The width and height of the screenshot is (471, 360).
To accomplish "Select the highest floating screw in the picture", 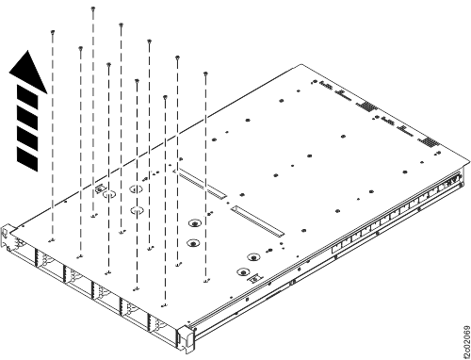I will (93, 8).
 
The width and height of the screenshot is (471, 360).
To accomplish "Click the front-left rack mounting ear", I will (8, 236).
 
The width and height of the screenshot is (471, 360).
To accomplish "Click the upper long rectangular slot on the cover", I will (203, 185).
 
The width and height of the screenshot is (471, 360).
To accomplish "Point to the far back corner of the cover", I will (302, 65).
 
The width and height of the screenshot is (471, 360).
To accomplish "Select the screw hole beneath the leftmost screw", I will (53, 240).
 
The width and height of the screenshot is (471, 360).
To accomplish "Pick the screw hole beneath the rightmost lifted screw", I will (205, 280).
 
